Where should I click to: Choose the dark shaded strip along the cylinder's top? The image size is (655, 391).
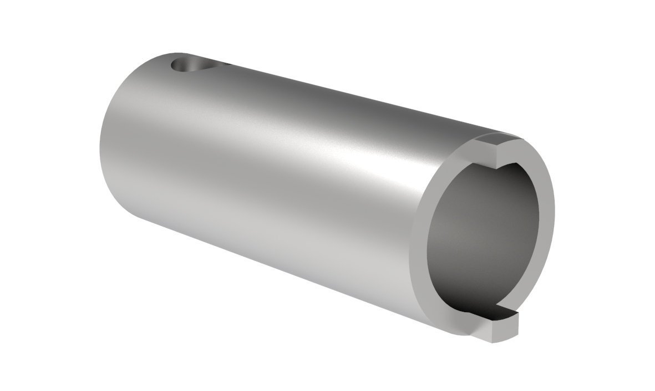(333, 100)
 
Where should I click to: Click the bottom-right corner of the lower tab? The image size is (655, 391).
(516, 337)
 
